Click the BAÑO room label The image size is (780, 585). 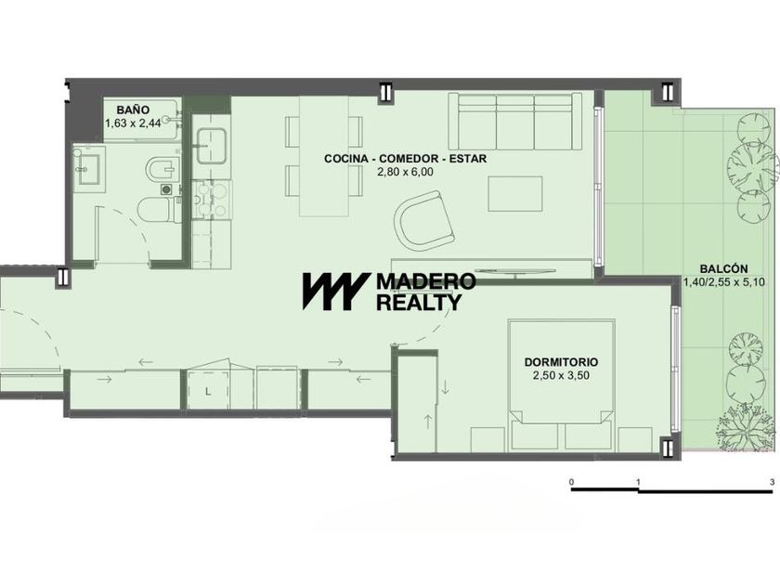(x=133, y=110)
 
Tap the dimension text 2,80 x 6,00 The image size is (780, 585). (x=405, y=172)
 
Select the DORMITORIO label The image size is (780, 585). (x=561, y=362)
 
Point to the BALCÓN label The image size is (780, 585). (x=723, y=268)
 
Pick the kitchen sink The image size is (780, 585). (x=212, y=146)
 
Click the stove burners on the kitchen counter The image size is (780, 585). (x=213, y=200)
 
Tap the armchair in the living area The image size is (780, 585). (x=422, y=220)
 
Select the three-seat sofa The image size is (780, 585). (x=514, y=121)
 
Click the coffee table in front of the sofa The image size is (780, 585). (x=514, y=193)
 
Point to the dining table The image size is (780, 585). (x=324, y=156)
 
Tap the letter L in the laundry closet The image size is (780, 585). (x=208, y=392)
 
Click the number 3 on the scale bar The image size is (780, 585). (x=772, y=482)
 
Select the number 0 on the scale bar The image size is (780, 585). (x=572, y=482)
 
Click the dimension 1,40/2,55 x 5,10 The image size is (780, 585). (x=723, y=282)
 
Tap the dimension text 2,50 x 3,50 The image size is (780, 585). (x=561, y=375)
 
